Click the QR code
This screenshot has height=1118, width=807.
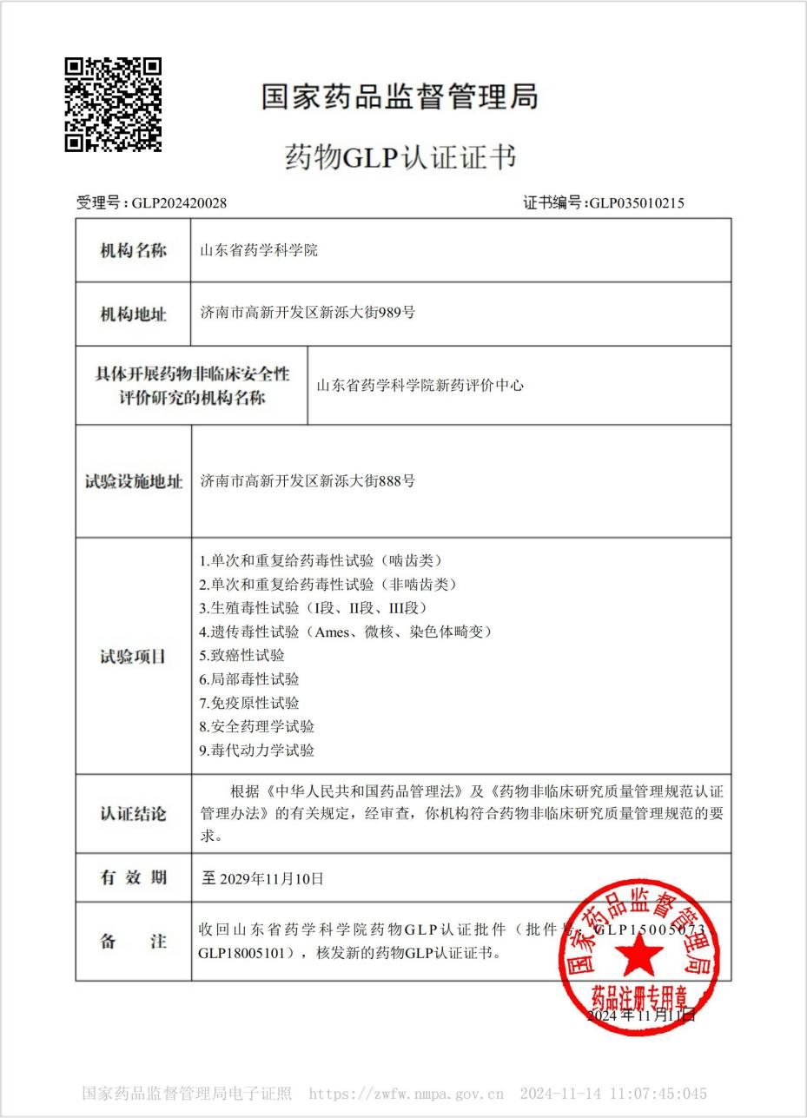113,104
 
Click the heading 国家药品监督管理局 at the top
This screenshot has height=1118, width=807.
400,96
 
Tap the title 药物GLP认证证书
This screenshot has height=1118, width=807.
400,157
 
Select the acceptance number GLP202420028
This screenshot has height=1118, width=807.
179,203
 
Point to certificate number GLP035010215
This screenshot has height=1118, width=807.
637,203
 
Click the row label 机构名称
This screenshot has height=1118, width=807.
133,251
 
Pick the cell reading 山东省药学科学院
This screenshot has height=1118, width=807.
259,251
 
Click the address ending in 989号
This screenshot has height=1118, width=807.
308,312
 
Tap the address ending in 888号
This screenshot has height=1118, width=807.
308,480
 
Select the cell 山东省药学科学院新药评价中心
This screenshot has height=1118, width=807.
420,386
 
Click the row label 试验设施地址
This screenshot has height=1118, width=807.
133,481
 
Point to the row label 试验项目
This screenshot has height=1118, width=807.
133,657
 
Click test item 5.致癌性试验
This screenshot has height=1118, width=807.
241,655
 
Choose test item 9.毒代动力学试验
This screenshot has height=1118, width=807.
256,750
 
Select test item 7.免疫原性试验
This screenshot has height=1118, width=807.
248,703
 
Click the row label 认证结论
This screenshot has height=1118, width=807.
133,814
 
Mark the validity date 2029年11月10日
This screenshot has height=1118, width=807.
271,878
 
